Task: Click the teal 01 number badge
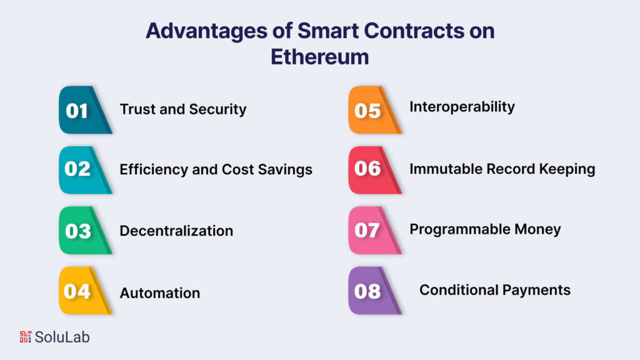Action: [81, 111]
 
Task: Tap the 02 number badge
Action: [81, 169]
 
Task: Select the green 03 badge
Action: [81, 231]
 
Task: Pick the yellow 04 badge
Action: [81, 291]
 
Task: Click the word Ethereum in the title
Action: [319, 57]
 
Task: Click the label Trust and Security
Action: [183, 109]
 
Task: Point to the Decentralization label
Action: [176, 231]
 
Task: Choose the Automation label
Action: [160, 292]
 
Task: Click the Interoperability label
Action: [462, 107]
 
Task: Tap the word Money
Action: [537, 229]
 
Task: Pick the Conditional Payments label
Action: [494, 290]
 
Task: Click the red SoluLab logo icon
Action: [26, 337]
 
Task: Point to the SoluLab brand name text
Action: [62, 337]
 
